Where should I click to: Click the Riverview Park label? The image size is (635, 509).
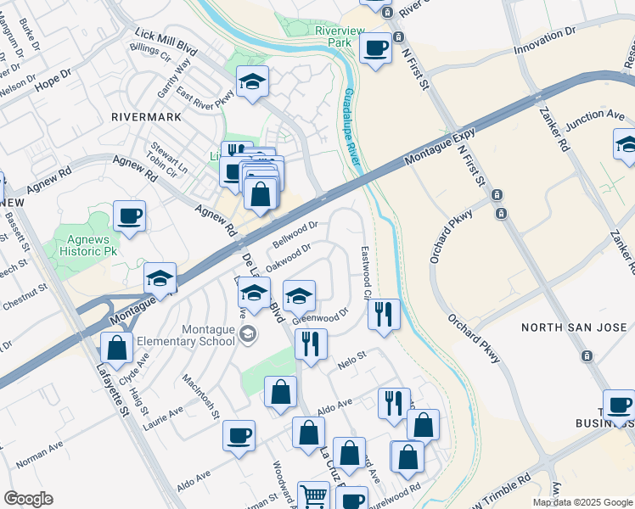(340, 36)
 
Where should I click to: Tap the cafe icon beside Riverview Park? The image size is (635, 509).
(375, 48)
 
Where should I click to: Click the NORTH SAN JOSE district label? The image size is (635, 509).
(574, 327)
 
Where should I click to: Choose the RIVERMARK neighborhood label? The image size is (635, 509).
(142, 117)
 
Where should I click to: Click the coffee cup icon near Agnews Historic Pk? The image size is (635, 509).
(129, 215)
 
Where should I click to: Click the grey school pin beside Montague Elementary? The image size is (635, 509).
(247, 334)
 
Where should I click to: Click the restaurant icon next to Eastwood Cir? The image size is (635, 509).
(384, 315)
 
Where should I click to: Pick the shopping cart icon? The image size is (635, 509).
(313, 495)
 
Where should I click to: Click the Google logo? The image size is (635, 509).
(29, 499)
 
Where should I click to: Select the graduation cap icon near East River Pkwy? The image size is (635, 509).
(252, 82)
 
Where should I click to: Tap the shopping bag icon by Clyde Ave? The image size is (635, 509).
(115, 348)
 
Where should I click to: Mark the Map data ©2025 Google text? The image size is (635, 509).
(582, 502)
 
